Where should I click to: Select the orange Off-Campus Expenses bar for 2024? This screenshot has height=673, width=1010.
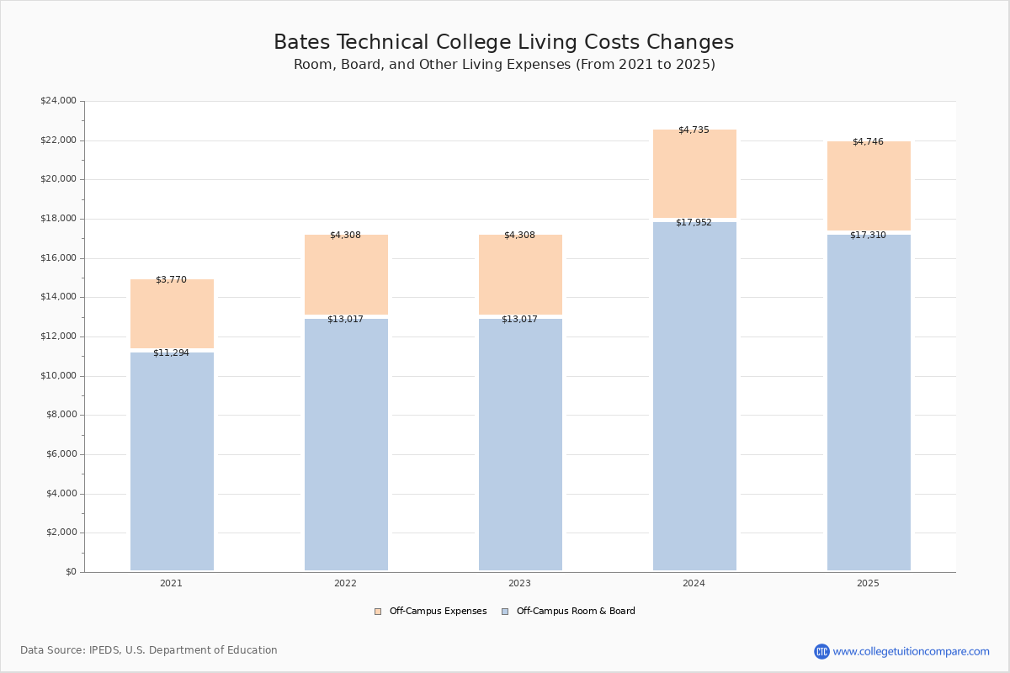click(694, 174)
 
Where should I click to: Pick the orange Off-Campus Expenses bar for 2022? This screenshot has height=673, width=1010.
click(346, 274)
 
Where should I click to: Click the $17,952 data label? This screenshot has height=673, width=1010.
click(694, 223)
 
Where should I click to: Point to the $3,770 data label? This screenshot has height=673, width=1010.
click(171, 280)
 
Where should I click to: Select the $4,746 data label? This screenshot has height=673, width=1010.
click(868, 142)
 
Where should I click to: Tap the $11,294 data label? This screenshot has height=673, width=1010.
click(171, 353)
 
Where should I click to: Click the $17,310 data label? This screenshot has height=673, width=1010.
click(868, 236)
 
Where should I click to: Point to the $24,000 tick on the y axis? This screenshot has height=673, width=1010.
click(58, 101)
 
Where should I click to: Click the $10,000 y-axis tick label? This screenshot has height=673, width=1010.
click(58, 376)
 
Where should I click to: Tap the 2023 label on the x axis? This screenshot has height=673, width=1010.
click(519, 584)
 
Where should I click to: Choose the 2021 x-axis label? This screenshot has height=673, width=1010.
click(171, 584)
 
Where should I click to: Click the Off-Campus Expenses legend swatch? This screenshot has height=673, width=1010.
click(378, 612)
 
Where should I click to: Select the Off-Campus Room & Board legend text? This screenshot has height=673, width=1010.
click(576, 612)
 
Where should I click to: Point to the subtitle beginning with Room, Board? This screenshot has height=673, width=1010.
click(504, 65)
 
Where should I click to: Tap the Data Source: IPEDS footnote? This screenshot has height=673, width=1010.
click(149, 650)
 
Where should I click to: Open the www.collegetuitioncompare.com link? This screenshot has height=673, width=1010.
click(911, 651)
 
